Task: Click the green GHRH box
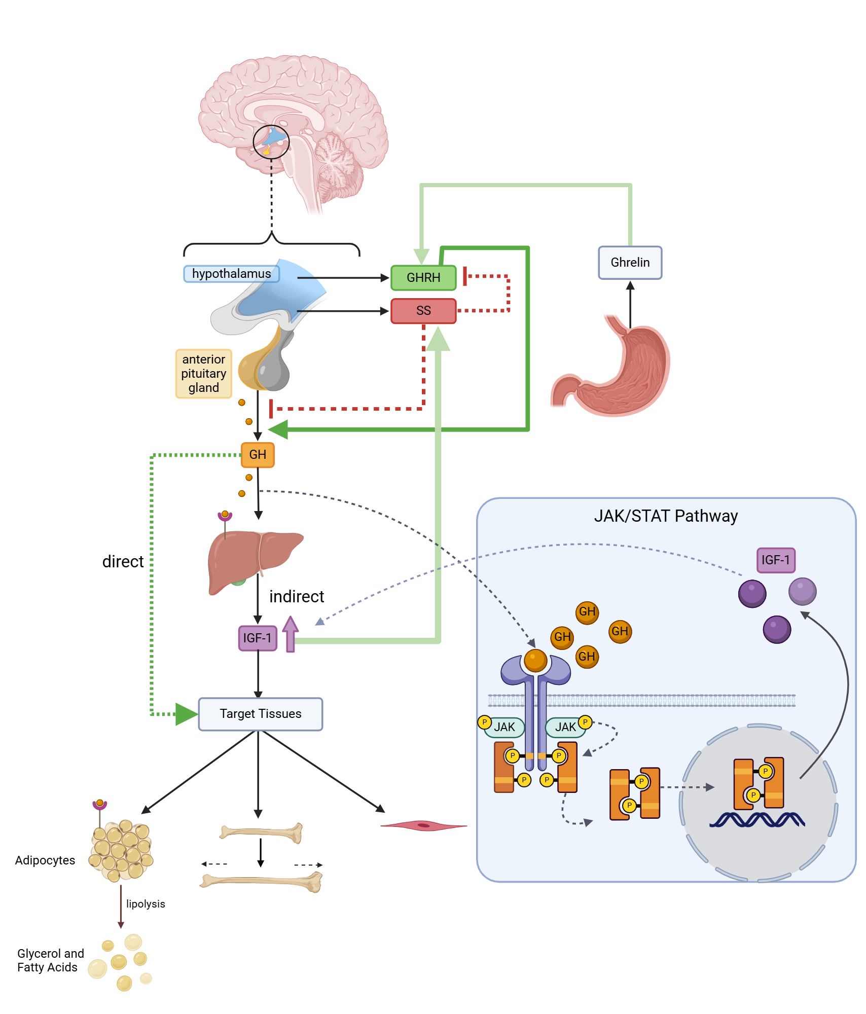423,278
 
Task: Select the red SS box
423,311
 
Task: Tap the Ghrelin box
630,263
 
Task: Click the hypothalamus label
231,274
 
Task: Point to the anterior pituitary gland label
203,374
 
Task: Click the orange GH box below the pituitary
258,455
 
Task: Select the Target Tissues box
260,714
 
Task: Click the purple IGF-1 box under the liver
258,638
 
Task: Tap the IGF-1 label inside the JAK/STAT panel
775,560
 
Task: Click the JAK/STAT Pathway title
665,516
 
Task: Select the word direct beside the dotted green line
123,562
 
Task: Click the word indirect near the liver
297,597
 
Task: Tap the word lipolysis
146,904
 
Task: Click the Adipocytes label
45,860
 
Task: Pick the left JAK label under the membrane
504,727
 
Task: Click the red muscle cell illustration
423,826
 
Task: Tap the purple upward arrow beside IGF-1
290,634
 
